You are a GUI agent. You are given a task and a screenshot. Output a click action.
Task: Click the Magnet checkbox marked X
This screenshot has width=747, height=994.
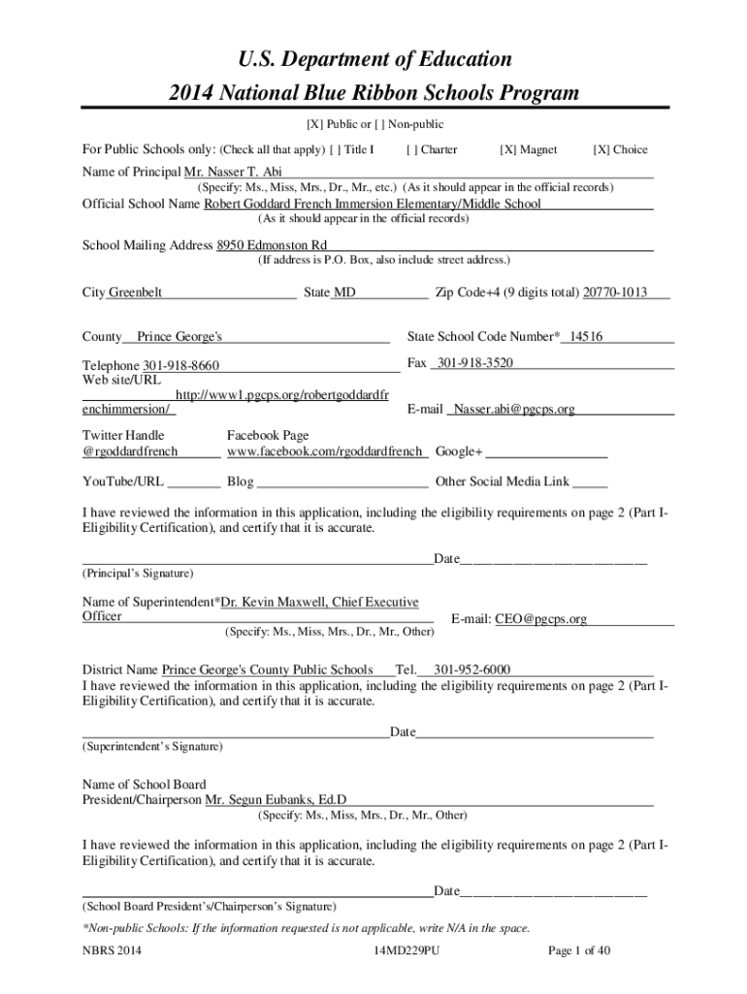(x=507, y=150)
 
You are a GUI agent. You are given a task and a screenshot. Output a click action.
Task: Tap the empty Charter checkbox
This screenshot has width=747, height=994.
(x=413, y=150)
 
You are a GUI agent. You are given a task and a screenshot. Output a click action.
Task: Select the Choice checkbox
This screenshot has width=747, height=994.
(x=601, y=150)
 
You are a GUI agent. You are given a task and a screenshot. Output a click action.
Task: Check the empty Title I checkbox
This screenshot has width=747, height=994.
(x=336, y=150)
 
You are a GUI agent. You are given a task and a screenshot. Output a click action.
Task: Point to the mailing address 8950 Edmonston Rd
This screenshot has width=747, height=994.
(x=272, y=245)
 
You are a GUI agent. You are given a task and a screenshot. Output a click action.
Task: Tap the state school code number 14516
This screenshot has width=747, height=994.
(x=586, y=337)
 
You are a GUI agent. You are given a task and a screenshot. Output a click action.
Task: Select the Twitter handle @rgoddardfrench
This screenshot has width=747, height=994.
(x=130, y=452)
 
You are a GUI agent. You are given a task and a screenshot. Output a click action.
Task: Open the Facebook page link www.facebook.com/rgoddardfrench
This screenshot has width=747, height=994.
(x=325, y=452)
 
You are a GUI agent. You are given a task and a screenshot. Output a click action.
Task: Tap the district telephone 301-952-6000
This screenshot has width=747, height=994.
(x=472, y=670)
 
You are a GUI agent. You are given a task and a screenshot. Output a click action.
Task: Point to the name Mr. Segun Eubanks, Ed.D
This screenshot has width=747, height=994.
(x=276, y=800)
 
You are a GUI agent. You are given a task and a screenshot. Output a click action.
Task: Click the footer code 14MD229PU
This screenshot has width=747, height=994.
(x=406, y=951)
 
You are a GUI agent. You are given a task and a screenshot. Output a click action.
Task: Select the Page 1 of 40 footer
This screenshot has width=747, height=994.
(x=579, y=951)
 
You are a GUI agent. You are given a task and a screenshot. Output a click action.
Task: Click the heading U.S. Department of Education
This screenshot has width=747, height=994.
(x=373, y=60)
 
